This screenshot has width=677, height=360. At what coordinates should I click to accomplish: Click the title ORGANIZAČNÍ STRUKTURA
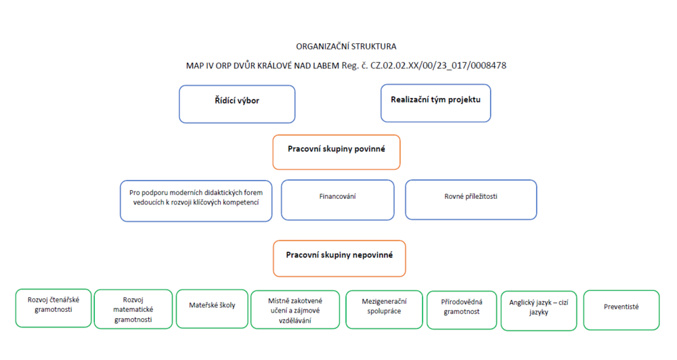coord(346,46)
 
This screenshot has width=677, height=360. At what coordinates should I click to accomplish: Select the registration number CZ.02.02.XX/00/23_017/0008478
coord(438,66)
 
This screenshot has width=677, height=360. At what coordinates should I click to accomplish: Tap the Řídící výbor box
coord(237,104)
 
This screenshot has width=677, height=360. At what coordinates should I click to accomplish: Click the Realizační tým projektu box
coord(435,103)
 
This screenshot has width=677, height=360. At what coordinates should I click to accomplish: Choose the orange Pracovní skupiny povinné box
coord(336,152)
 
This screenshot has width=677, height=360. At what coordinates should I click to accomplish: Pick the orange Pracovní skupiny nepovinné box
coord(339,258)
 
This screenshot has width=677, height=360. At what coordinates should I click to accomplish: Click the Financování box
coord(338,200)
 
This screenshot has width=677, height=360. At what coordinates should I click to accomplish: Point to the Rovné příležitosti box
coord(471,200)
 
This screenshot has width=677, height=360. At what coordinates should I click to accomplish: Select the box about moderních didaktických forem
coord(196,201)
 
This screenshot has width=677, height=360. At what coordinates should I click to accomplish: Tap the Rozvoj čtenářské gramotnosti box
coord(53,308)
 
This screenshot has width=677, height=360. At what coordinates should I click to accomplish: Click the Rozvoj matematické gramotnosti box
coord(133,309)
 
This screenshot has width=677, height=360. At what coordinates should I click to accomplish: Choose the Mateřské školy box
coord(212,309)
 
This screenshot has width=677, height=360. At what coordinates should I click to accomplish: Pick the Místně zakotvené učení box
coord(295,309)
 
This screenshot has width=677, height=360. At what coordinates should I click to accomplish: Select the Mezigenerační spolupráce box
coord(385,309)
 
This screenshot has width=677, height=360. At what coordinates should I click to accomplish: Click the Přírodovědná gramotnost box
coord(462,310)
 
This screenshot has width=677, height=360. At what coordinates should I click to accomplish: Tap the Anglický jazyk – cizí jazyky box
coord(539,311)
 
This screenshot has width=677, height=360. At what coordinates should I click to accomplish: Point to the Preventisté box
coord(621,310)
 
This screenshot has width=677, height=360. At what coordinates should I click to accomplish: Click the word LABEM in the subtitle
coord(325,66)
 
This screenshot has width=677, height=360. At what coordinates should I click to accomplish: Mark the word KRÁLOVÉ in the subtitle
coord(274,66)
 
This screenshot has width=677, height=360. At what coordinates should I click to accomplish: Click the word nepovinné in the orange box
coord(372,255)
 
